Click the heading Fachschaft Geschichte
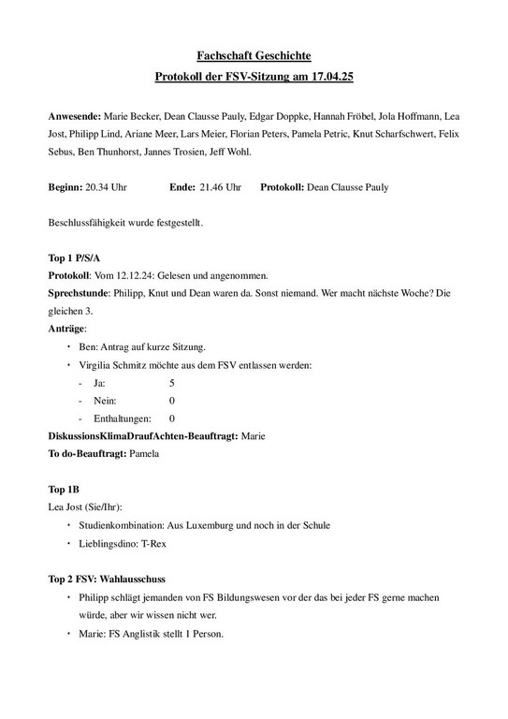click(x=254, y=57)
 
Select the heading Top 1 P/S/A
click(x=76, y=257)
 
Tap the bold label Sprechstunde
click(x=78, y=293)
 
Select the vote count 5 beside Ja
click(x=171, y=383)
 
